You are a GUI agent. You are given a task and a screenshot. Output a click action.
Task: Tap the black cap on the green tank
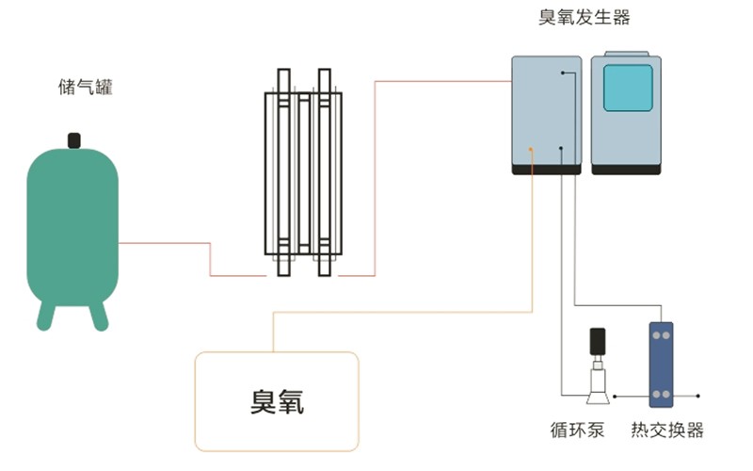[x=73, y=140]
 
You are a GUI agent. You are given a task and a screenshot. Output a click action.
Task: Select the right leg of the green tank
[x=99, y=315]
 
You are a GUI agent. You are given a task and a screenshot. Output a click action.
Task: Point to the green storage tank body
[x=72, y=226]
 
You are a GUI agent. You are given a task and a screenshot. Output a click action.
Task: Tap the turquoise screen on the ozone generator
[x=627, y=88]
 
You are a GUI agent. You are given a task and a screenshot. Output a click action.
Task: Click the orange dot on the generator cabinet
[x=532, y=149]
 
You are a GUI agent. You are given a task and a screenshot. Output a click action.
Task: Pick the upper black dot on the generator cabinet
[x=563, y=73]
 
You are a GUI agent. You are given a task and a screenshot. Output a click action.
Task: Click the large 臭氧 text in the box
[x=277, y=402]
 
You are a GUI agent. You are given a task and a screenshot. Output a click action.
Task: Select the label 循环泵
[x=577, y=430]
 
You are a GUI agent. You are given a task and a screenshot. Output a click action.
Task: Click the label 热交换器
[x=667, y=430]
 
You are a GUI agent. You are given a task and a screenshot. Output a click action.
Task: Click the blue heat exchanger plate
[x=662, y=363]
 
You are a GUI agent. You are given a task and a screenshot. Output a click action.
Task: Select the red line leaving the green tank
[x=165, y=244]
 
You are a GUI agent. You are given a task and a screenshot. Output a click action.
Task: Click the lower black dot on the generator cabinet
[x=562, y=148]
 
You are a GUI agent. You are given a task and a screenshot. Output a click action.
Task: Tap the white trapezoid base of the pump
[x=596, y=383]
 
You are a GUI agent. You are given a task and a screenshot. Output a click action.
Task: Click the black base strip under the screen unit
[x=627, y=169]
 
